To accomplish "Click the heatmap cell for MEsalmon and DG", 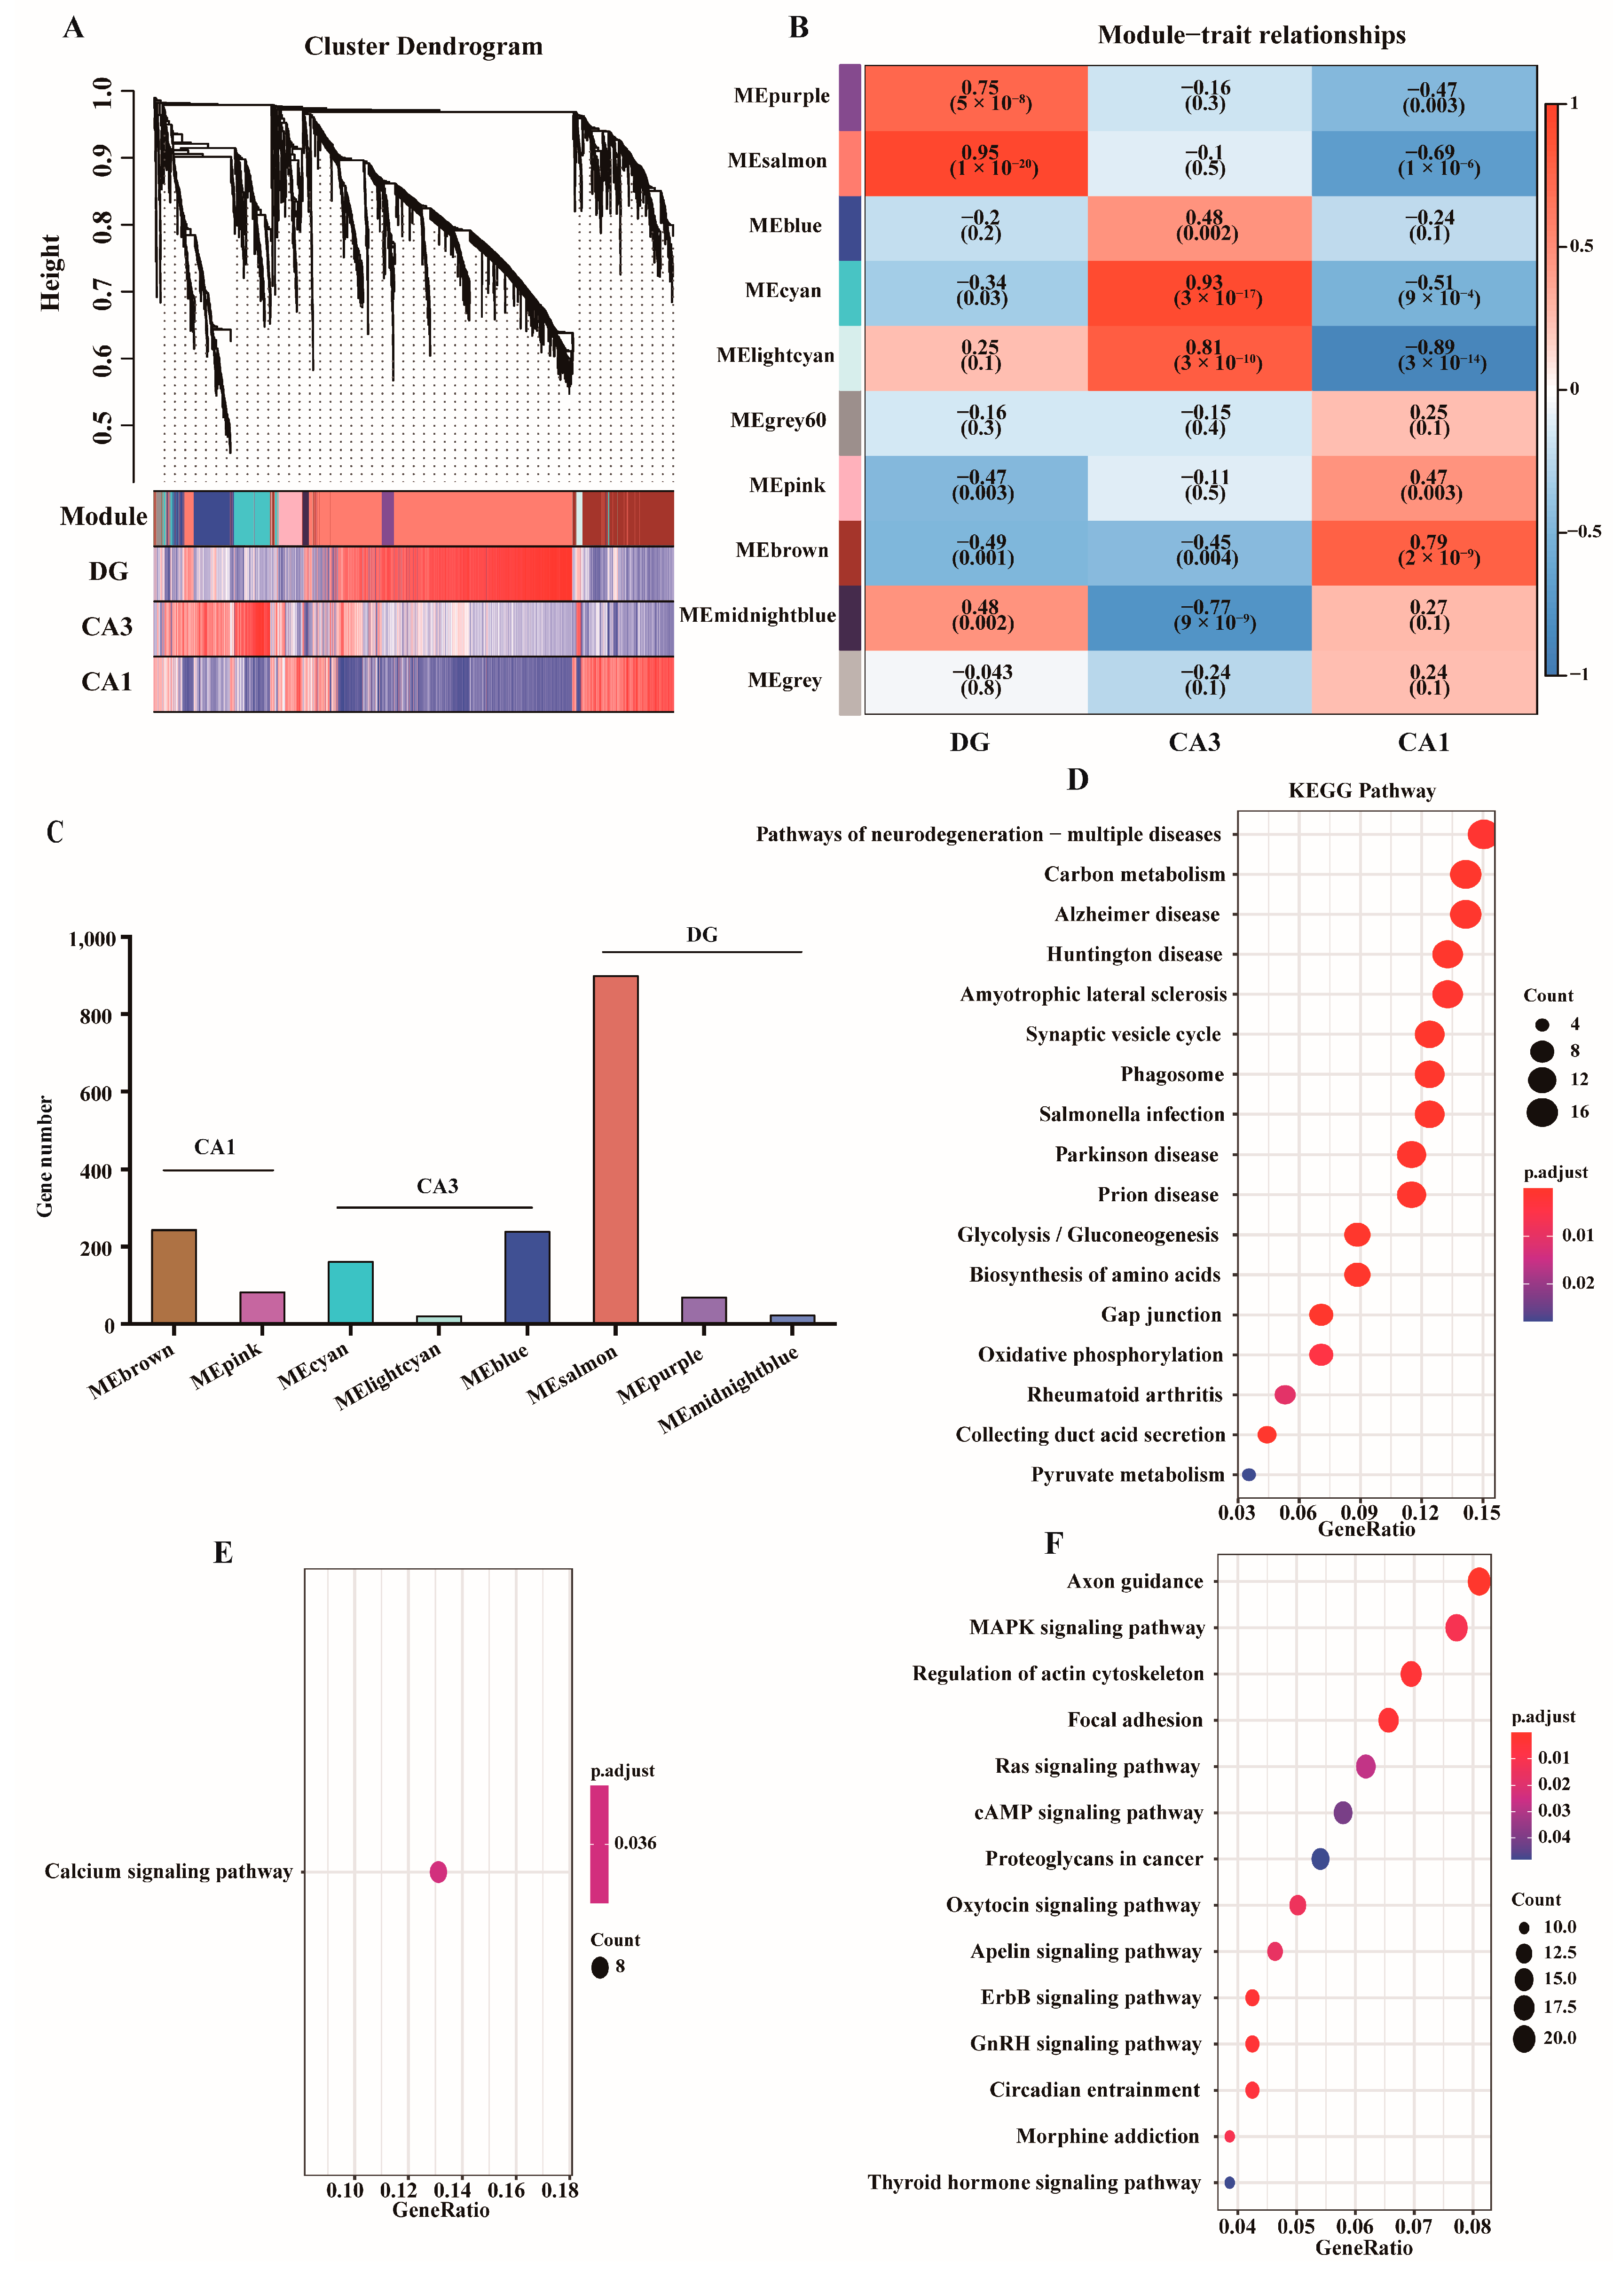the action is tap(976, 163).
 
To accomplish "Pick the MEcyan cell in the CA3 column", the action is tap(1200, 293).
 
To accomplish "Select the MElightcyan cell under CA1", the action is tap(1424, 358).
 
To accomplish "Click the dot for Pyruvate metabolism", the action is tap(1249, 1475).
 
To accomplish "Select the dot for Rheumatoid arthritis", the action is tap(1284, 1394).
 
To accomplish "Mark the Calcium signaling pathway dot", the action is tap(438, 1872).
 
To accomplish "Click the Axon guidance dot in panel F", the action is tap(1479, 1581).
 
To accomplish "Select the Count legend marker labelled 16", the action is tap(1542, 1112).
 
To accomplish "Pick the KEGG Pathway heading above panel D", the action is tap(1361, 790).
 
